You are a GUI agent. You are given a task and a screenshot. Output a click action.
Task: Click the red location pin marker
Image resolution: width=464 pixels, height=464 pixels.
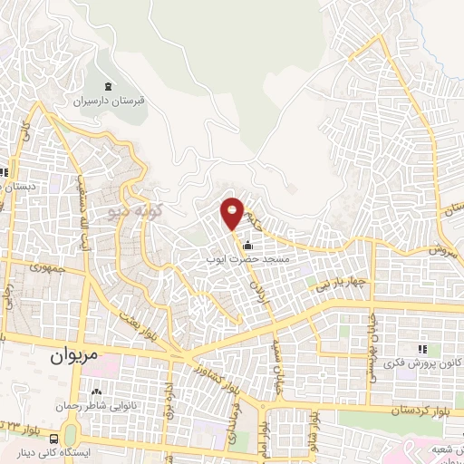click(x=233, y=214)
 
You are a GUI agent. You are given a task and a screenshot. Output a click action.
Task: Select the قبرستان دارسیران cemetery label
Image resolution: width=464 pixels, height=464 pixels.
click(x=109, y=102)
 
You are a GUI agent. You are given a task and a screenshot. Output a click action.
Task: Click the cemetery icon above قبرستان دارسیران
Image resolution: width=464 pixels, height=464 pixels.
click(x=109, y=87)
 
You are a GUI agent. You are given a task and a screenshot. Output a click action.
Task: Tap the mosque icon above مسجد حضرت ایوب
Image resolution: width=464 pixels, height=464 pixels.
click(x=248, y=242)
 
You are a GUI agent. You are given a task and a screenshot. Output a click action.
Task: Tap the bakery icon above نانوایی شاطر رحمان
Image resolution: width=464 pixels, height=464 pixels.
click(x=95, y=391)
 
